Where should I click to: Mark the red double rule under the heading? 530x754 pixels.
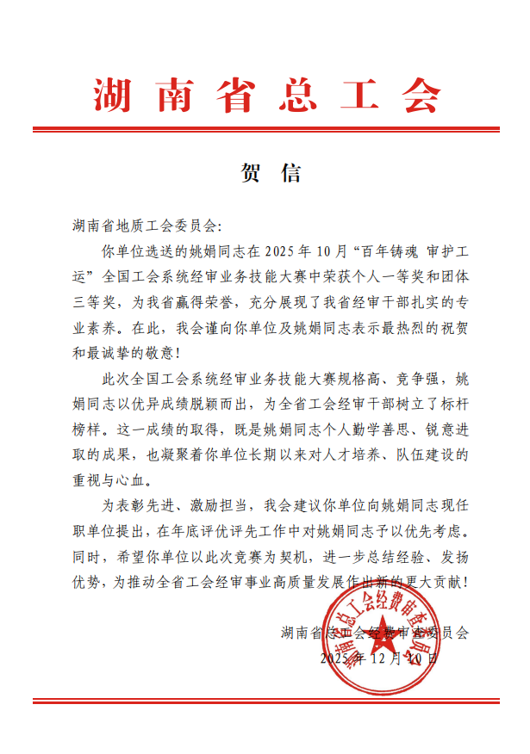(x=265, y=131)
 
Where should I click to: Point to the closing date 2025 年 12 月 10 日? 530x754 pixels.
(x=379, y=658)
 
